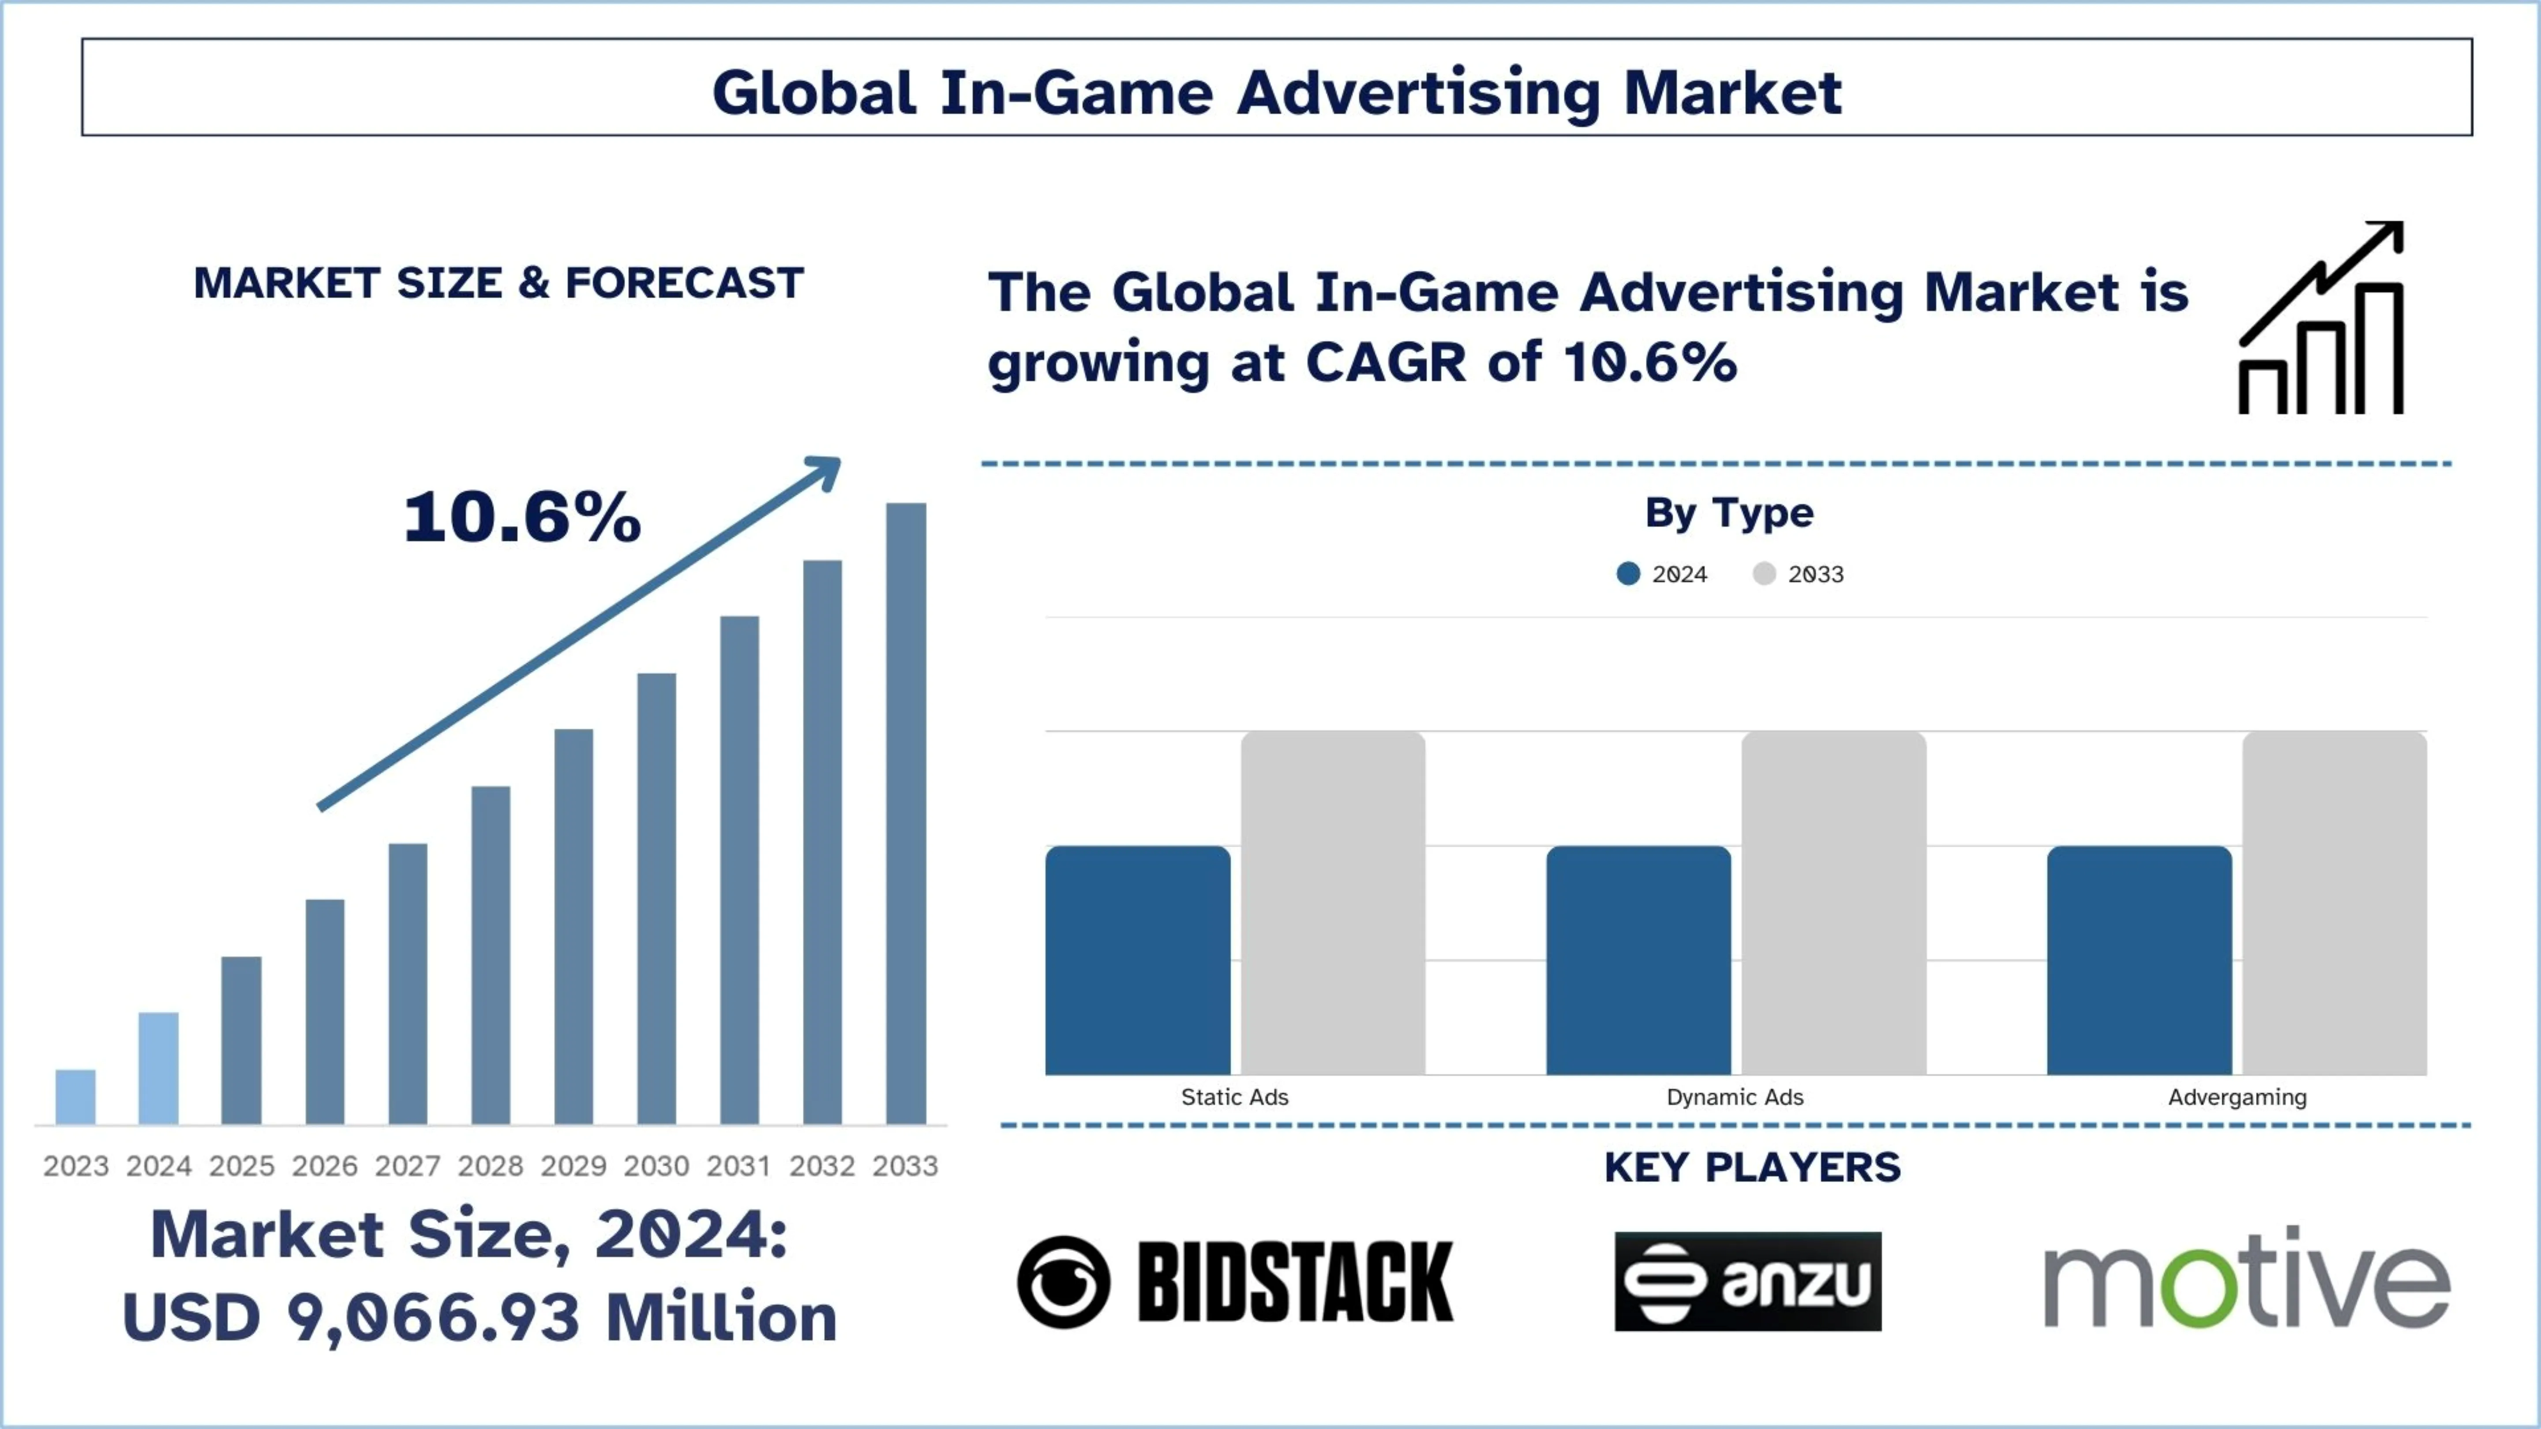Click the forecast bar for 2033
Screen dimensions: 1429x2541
(x=906, y=814)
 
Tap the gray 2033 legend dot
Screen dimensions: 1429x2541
(x=1764, y=574)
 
